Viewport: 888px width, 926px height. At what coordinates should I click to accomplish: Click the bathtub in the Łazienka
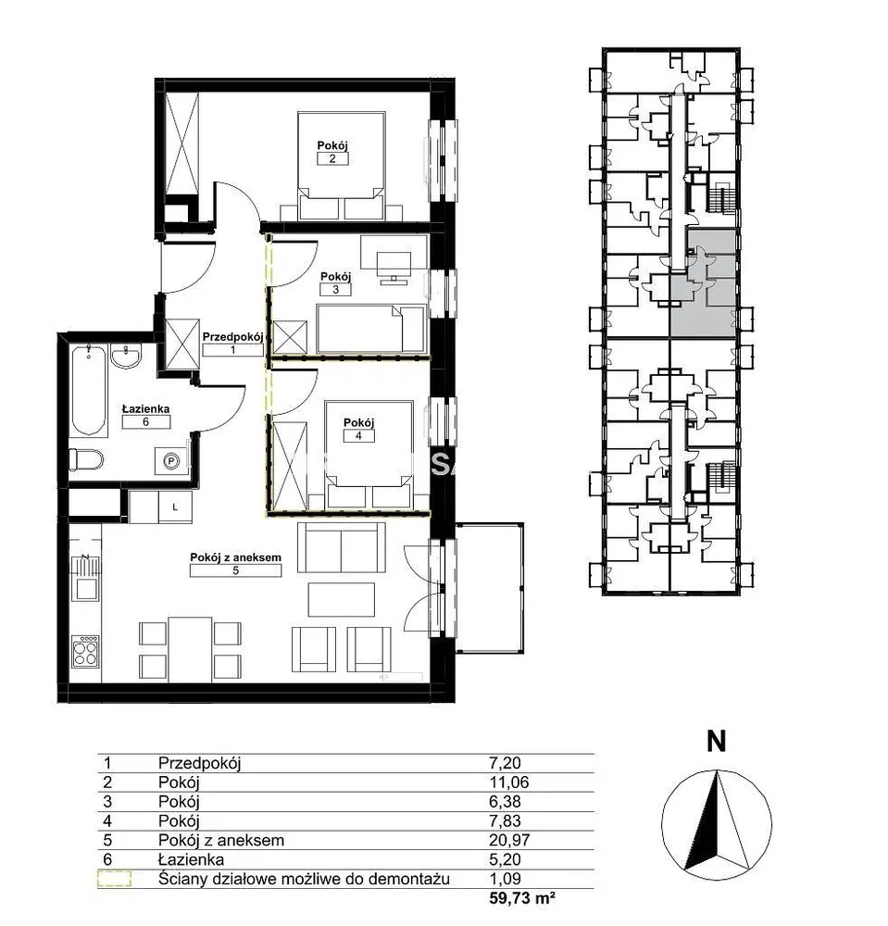[x=89, y=390]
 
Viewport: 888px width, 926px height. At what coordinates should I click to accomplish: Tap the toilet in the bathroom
[x=86, y=459]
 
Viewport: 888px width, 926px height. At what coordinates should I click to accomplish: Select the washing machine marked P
[x=171, y=460]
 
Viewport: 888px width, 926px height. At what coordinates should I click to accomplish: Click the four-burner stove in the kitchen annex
[x=85, y=651]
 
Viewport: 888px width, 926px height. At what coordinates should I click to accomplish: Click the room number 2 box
[x=332, y=158]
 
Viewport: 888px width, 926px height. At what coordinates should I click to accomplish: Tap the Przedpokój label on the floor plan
[x=232, y=337]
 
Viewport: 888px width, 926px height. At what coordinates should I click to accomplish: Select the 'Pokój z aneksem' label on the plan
[x=235, y=557]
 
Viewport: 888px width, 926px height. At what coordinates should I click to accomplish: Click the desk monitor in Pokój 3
[x=394, y=265]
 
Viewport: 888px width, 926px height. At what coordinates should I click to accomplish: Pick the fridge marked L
[x=175, y=507]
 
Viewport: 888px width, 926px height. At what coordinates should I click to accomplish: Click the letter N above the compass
[x=716, y=741]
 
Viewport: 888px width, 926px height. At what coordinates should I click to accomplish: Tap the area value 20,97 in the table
[x=509, y=840]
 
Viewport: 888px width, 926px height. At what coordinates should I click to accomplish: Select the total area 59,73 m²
[x=522, y=898]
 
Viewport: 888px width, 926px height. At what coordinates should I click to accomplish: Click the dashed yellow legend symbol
[x=115, y=879]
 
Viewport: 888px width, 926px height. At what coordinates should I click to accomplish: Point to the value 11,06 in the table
[x=509, y=782]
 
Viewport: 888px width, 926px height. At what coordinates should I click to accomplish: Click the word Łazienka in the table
[x=191, y=859]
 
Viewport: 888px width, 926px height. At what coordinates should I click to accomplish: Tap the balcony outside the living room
[x=490, y=588]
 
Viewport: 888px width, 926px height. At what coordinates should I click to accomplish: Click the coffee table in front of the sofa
[x=342, y=599]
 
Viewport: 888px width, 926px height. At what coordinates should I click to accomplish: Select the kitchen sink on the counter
[x=85, y=588]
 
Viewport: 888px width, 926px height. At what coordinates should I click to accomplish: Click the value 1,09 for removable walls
[x=505, y=879]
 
